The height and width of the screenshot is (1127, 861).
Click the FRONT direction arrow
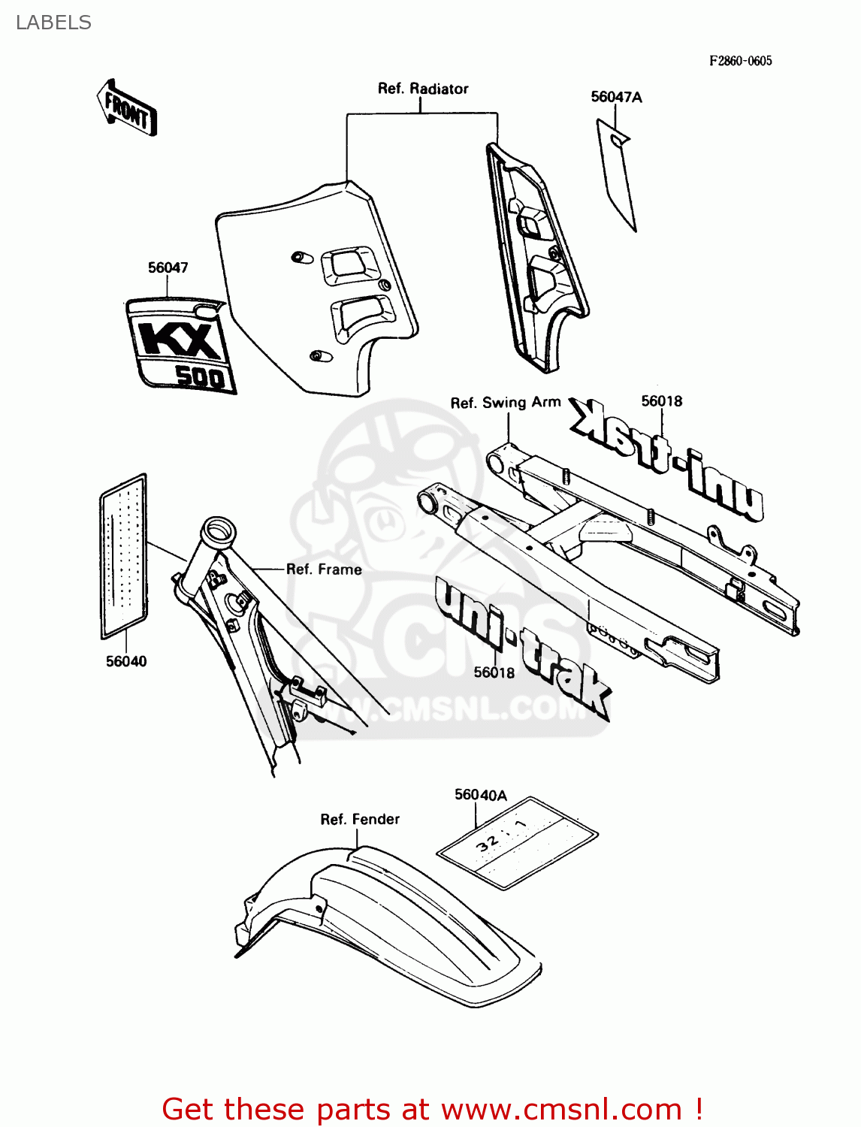[x=127, y=108]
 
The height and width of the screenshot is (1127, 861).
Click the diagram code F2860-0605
[x=740, y=61]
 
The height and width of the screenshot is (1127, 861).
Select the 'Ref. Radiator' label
[x=423, y=89]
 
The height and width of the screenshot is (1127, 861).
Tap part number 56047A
[x=616, y=97]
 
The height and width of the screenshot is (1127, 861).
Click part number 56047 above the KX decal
[x=168, y=267]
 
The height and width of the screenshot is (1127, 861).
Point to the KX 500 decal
[x=181, y=345]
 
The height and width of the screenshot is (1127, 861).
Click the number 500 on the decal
[x=200, y=375]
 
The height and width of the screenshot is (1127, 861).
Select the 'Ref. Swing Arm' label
[x=506, y=403]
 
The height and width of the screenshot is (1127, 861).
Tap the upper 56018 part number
[x=662, y=401]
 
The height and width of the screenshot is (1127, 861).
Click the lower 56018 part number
[x=494, y=672]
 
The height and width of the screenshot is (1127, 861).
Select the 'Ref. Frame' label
[x=324, y=570]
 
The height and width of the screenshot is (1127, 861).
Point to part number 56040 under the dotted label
[x=126, y=661]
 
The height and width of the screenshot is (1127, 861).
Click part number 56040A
[x=481, y=795]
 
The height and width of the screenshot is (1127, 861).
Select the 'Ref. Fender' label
[x=360, y=819]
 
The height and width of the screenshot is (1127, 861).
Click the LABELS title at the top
[x=53, y=23]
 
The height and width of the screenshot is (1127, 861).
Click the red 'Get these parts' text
[x=432, y=1109]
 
